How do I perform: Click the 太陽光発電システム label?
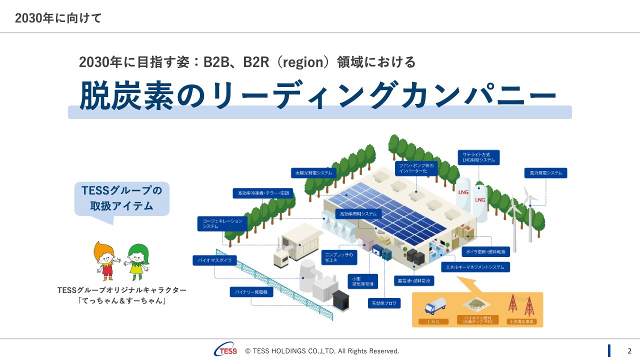click(314, 173)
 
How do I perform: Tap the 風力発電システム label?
click(545, 173)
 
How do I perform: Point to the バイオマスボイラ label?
click(214, 260)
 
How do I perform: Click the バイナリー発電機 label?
click(251, 291)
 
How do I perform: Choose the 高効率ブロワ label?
click(384, 303)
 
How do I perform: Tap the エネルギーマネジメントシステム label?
click(475, 267)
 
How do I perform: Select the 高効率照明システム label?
click(358, 213)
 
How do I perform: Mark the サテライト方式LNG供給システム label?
click(478, 157)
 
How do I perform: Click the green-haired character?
click(136, 261)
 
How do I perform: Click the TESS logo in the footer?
click(226, 350)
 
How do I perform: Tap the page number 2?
click(629, 351)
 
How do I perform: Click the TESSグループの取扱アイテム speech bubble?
click(122, 199)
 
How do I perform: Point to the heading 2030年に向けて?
click(58, 18)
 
